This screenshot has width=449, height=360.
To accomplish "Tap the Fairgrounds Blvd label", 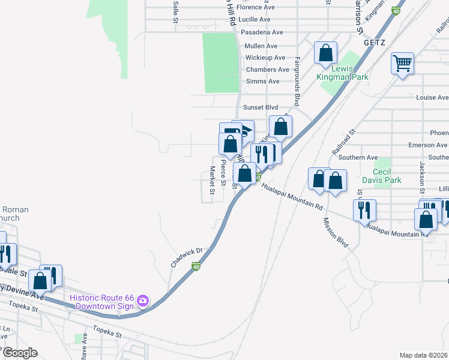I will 297,82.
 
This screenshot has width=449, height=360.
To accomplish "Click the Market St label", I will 211,181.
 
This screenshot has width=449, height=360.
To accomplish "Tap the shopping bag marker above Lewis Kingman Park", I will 325,53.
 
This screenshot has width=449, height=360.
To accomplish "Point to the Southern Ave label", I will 358,157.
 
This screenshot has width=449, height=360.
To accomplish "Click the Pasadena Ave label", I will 261,32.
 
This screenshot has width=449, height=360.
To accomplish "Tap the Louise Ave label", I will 432,97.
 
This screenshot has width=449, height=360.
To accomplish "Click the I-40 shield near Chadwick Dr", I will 196,265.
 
